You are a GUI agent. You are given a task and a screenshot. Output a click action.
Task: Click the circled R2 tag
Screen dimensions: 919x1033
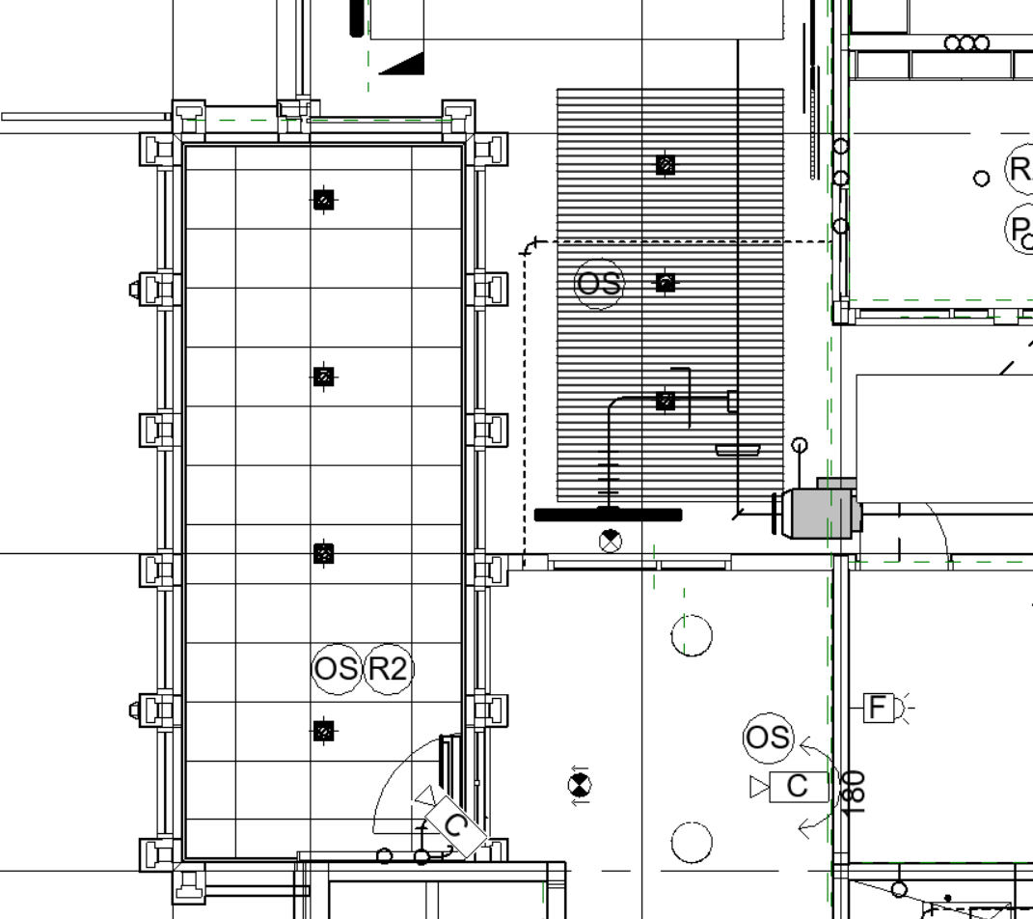click(388, 668)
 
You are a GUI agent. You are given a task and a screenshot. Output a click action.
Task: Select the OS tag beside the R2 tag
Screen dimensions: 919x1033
click(337, 668)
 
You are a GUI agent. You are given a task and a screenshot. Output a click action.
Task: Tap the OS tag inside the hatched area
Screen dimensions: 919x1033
click(599, 284)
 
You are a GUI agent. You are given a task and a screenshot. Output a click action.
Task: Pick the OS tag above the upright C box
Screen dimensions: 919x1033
click(768, 738)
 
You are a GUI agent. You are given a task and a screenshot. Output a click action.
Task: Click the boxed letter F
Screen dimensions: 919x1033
click(877, 708)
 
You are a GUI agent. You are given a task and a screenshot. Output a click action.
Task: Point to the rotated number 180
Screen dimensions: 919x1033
click(853, 793)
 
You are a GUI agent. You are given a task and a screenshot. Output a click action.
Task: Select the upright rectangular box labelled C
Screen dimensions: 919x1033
click(798, 787)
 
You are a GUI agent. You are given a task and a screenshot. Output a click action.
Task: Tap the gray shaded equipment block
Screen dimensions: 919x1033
click(820, 512)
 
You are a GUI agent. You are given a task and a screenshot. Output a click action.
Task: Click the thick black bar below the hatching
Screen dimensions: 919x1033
click(608, 515)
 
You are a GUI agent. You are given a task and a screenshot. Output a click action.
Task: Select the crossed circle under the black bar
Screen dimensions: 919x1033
click(611, 541)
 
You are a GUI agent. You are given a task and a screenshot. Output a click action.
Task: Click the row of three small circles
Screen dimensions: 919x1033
click(966, 43)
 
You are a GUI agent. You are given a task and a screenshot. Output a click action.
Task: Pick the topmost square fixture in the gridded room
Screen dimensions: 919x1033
click(324, 200)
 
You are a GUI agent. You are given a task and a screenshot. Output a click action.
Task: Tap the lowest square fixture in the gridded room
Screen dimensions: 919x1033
click(324, 732)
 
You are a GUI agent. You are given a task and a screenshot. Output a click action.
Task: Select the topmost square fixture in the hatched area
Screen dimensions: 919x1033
click(665, 165)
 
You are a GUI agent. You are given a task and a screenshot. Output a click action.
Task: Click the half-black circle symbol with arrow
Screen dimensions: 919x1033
click(579, 784)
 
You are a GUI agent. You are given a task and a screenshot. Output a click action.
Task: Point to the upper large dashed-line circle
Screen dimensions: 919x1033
click(691, 635)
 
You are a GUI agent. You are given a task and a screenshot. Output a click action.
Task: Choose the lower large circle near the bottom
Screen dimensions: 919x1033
click(691, 843)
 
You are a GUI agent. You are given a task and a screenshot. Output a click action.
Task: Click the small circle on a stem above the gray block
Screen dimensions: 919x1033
click(799, 445)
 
